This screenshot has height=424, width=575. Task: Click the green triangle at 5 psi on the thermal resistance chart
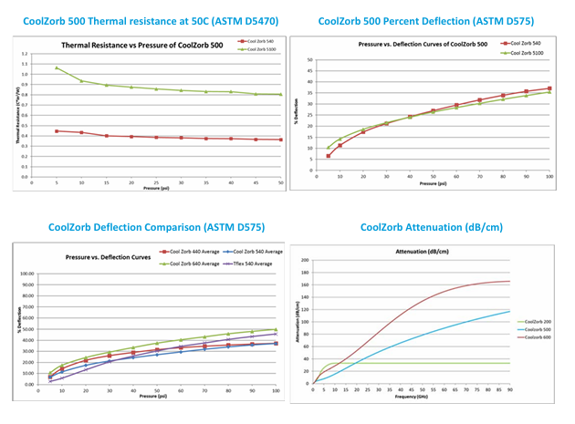[x=57, y=67]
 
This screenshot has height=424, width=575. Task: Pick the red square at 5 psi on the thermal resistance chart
[x=57, y=131]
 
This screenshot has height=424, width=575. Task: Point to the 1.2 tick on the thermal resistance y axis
[x=26, y=54]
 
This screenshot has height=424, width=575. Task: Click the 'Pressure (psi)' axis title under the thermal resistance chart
[x=155, y=187]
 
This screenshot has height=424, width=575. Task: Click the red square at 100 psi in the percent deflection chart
[x=549, y=88]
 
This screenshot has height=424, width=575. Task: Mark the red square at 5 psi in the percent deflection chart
[x=328, y=156]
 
